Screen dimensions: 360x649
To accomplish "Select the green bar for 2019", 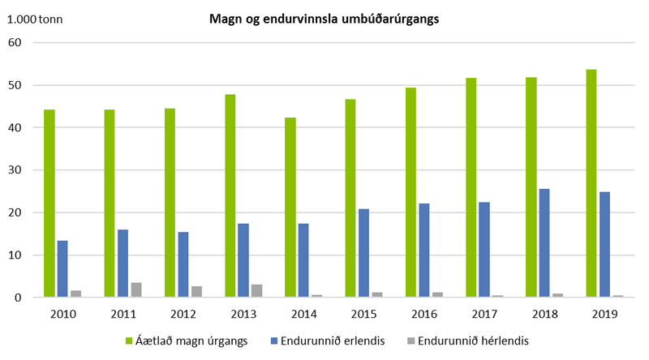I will point(591,183).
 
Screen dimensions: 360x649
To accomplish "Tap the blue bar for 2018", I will point(544,243).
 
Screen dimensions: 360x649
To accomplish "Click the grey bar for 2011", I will point(135,289).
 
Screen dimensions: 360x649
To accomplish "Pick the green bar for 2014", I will point(290,208).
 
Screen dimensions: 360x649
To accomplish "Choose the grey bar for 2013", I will point(256,291).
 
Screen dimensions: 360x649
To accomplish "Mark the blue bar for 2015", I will point(363,253).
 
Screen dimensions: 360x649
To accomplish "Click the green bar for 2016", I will point(410,192).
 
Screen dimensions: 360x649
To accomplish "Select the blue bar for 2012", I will point(183,264).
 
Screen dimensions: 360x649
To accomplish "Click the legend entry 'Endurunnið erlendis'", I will point(327,339).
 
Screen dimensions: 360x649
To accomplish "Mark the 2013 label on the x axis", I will point(243,313).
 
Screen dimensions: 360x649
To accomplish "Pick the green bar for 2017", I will point(471,187).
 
